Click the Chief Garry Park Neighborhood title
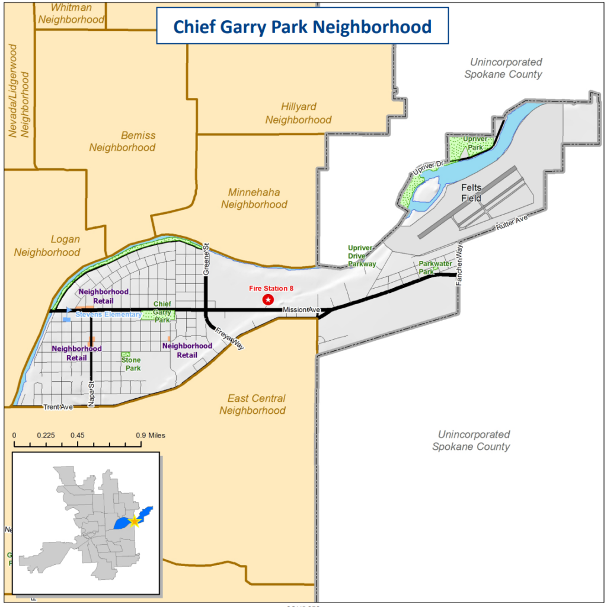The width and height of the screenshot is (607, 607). point(302,27)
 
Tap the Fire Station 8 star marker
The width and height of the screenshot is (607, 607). point(268,300)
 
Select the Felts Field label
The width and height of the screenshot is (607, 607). point(472,193)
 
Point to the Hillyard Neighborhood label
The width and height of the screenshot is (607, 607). point(298,113)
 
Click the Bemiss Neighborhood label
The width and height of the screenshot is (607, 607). point(122,141)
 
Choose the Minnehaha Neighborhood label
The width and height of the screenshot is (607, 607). point(254,199)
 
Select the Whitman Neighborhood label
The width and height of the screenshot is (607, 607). point(71,13)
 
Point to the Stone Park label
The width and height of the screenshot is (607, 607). point(131,364)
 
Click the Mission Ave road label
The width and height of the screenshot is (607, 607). point(301,310)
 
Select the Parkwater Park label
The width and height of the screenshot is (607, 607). point(435,267)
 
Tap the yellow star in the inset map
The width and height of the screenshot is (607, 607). point(135,521)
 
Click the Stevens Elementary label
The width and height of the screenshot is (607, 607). point(108,314)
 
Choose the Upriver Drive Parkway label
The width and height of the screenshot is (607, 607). point(362,256)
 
